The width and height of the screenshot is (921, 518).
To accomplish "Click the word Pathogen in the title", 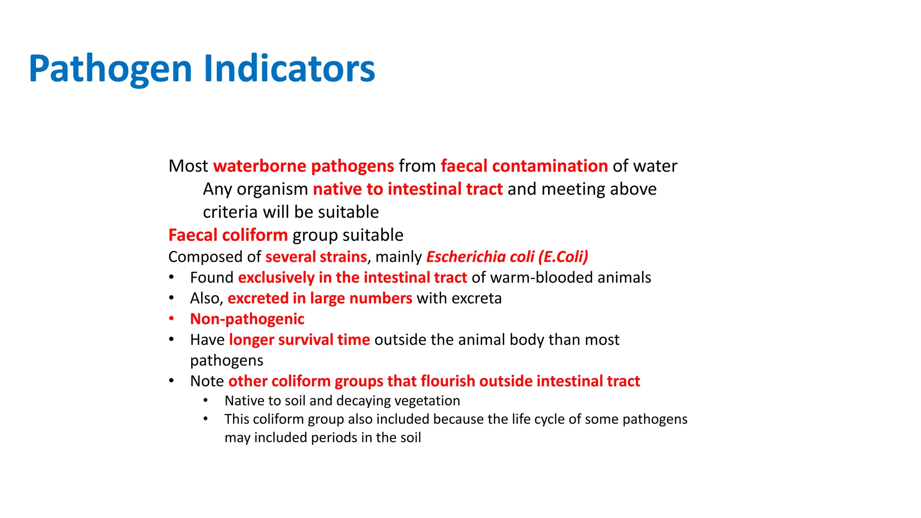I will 110,69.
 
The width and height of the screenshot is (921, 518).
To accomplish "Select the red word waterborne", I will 259,166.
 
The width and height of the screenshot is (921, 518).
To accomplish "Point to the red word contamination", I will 550,166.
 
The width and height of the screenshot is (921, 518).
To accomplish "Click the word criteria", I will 230,212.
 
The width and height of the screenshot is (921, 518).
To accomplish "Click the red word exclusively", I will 276,277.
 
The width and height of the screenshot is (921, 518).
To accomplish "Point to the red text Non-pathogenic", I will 247,319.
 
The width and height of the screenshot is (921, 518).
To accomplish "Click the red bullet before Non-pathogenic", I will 171,319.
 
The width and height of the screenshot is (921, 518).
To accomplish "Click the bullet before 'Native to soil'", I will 206,400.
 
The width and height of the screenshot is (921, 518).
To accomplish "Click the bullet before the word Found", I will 171,277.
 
